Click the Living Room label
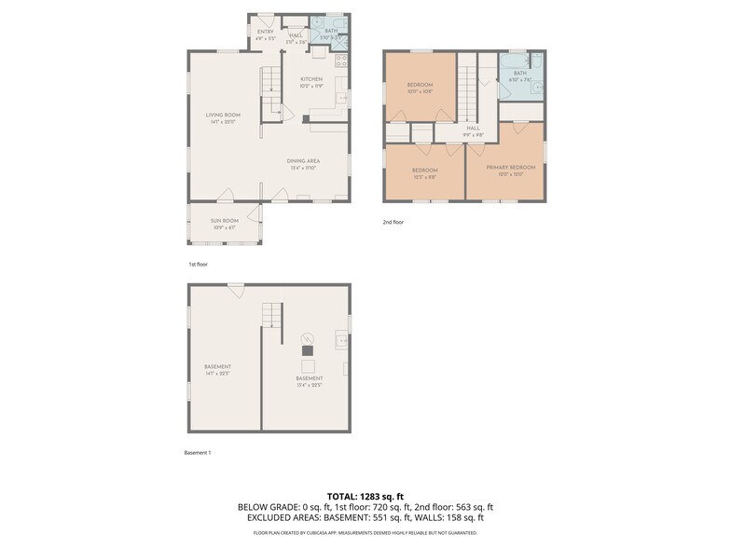(x=223, y=116)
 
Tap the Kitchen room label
(x=311, y=79)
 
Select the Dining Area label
(x=303, y=161)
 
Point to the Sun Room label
(x=224, y=221)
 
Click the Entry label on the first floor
(x=266, y=32)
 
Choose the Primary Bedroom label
(x=510, y=168)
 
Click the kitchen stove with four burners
(x=341, y=61)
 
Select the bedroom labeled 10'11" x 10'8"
(x=420, y=86)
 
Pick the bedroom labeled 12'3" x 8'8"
(x=425, y=171)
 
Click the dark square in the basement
(x=307, y=349)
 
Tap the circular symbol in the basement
(x=307, y=337)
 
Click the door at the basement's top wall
(x=236, y=290)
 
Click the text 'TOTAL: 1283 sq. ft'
(x=365, y=496)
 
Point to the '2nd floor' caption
(x=393, y=222)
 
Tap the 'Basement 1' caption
(x=198, y=453)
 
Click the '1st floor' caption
(x=198, y=265)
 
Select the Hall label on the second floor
(x=473, y=129)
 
